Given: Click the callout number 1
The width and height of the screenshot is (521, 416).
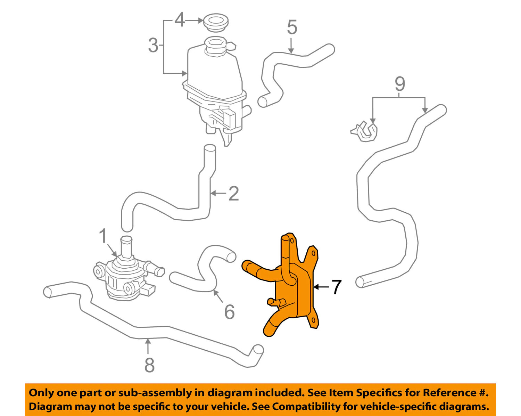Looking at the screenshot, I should (103, 236).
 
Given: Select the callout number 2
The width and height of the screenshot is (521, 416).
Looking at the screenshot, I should (233, 194).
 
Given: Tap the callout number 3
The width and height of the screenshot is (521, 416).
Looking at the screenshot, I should (153, 45).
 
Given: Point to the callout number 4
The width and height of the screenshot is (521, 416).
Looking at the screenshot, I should (179, 20).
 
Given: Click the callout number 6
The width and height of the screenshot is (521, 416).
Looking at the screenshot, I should (229, 312).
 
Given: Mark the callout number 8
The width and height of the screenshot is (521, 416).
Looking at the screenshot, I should (149, 365).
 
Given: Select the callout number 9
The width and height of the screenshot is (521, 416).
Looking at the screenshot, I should (400, 84).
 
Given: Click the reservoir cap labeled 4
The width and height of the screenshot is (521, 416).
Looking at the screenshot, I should (216, 22).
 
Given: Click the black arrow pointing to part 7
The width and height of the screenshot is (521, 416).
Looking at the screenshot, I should (321, 287).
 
